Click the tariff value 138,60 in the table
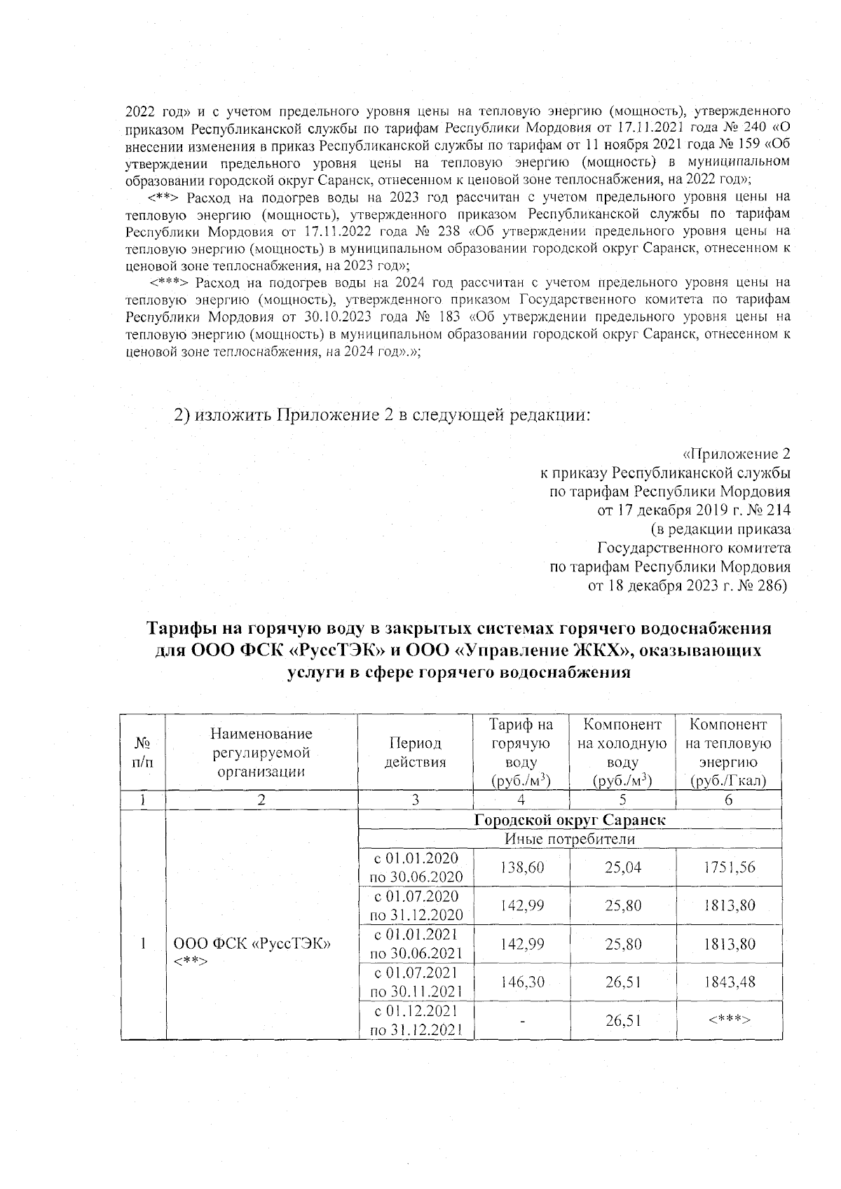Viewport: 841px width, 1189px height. pyautogui.click(x=521, y=867)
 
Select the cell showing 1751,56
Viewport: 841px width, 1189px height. pyautogui.click(x=729, y=867)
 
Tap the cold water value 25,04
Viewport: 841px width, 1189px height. pyautogui.click(x=623, y=867)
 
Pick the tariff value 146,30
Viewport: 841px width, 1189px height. pyautogui.click(x=521, y=982)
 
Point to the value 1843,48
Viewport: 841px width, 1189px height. pyautogui.click(x=729, y=982)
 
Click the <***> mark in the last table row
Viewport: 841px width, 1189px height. pyautogui.click(x=729, y=1020)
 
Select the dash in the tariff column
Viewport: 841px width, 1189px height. pyautogui.click(x=521, y=1020)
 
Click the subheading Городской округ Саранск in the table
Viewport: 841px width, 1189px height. pyautogui.click(x=569, y=820)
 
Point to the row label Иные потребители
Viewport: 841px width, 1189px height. pyautogui.click(x=569, y=838)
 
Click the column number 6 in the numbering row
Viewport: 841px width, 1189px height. pyautogui.click(x=729, y=800)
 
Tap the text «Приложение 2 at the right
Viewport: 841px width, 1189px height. pyautogui.click(x=736, y=452)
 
